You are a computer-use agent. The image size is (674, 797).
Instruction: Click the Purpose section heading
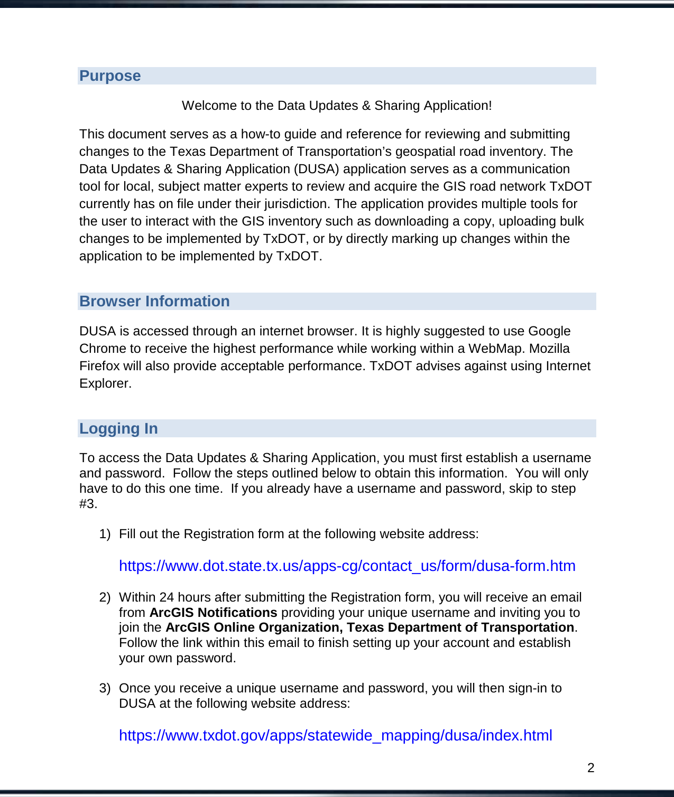pos(110,76)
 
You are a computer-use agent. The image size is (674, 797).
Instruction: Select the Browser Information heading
pos(154,302)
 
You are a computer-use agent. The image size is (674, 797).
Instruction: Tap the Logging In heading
pos(118,429)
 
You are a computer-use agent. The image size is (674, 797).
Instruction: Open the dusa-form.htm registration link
pos(347,566)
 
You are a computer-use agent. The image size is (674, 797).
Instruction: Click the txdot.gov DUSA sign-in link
pos(335,736)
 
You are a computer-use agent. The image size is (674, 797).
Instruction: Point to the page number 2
pos(590,768)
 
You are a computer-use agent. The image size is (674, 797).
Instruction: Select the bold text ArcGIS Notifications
pos(213,613)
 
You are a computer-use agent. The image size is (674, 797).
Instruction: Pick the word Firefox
pos(99,366)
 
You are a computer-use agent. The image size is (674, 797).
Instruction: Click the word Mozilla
pos(549,349)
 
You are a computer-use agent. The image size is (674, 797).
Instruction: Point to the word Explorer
pos(105,383)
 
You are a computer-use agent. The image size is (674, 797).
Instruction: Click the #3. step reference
pos(88,504)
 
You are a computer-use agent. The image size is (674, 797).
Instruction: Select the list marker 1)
pos(105,534)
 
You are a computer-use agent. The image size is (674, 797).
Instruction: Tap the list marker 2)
pos(105,597)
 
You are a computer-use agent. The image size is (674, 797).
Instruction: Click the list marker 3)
pos(105,688)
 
